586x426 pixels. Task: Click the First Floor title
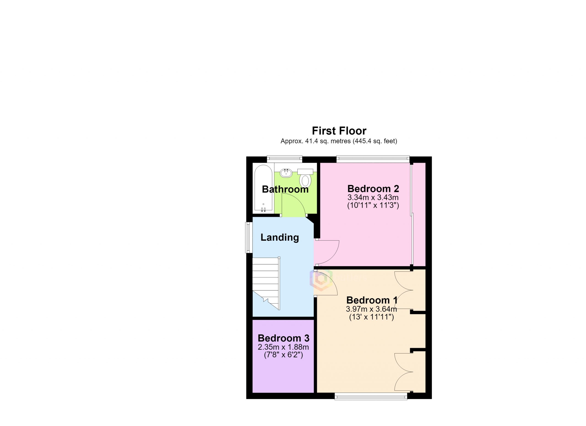(x=339, y=131)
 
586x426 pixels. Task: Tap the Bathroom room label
(x=285, y=189)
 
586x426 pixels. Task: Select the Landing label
(x=279, y=237)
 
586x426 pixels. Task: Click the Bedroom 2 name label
(x=373, y=189)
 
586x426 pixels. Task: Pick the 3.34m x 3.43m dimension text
(x=373, y=198)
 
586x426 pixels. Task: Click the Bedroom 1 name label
(x=372, y=300)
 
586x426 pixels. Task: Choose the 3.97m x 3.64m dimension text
(x=371, y=309)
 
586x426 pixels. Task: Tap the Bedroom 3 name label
(x=283, y=338)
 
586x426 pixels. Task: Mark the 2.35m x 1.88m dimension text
(x=283, y=347)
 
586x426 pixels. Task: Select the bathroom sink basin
(x=286, y=173)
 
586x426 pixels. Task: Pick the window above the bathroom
(x=285, y=159)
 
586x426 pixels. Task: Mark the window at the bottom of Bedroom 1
(x=371, y=396)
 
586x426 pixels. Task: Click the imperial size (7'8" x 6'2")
(x=283, y=355)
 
